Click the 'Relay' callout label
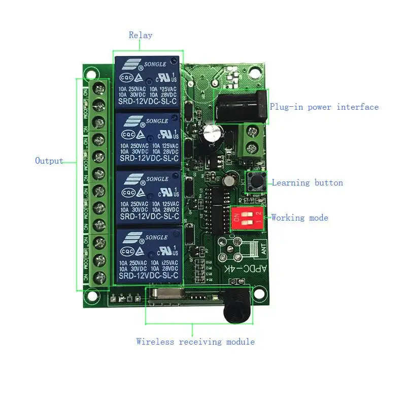(x=141, y=35)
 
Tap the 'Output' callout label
(x=49, y=161)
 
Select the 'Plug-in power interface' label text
(x=324, y=107)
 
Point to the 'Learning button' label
(x=308, y=182)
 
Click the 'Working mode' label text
(x=300, y=218)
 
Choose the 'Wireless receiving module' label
(x=195, y=342)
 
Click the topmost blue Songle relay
(x=147, y=82)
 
